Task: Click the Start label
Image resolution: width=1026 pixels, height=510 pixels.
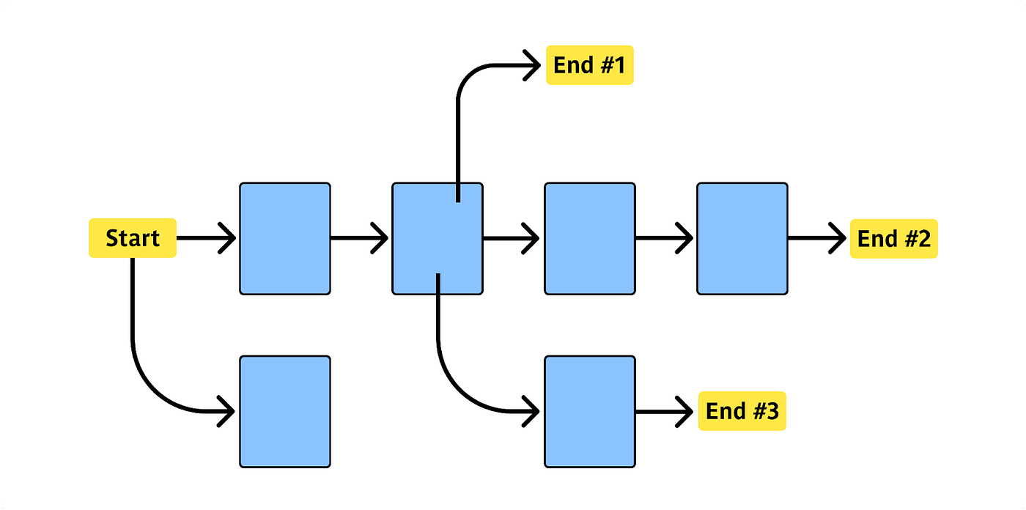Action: (133, 238)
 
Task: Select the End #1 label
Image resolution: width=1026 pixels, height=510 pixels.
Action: (589, 65)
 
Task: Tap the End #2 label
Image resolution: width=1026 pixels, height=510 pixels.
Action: (893, 238)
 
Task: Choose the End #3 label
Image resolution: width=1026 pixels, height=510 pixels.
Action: (742, 411)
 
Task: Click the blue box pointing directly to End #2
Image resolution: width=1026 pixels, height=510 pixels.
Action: (742, 238)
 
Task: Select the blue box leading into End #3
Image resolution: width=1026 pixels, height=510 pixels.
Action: (589, 411)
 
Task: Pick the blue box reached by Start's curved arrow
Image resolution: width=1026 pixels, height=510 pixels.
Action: (285, 411)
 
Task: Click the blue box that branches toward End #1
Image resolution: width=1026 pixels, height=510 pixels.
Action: (438, 238)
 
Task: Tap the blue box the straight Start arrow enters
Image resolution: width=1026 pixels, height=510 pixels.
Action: (285, 238)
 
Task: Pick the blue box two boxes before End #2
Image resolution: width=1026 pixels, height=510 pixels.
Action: (589, 238)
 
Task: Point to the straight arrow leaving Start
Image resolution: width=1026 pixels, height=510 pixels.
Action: (202, 238)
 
